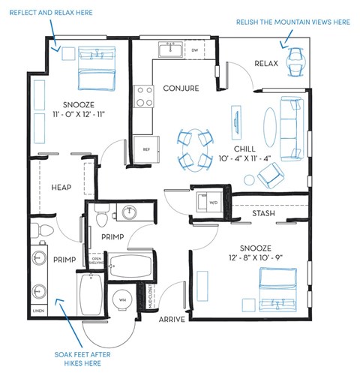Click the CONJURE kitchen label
point(181,89)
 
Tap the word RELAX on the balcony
point(265,63)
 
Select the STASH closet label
point(263,214)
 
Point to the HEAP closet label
point(61,187)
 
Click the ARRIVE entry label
point(172,319)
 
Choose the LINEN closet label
point(38,310)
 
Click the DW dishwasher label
point(194,50)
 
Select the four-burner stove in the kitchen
point(143,96)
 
